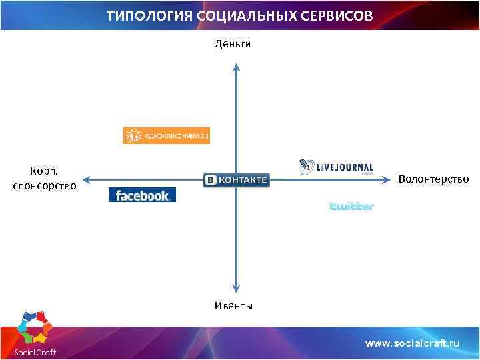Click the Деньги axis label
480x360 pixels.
pos(233,44)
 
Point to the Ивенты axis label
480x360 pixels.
pos(233,306)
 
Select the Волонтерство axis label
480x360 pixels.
pos(433,179)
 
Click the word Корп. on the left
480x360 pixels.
pos(44,172)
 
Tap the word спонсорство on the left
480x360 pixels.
pos(45,185)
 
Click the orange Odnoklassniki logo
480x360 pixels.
pos(167,135)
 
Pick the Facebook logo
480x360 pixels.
pos(142,195)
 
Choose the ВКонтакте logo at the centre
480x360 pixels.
pos(237,180)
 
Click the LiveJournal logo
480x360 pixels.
pos(336,167)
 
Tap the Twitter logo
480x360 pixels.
pos(352,206)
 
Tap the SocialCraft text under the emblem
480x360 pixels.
pos(35,352)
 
